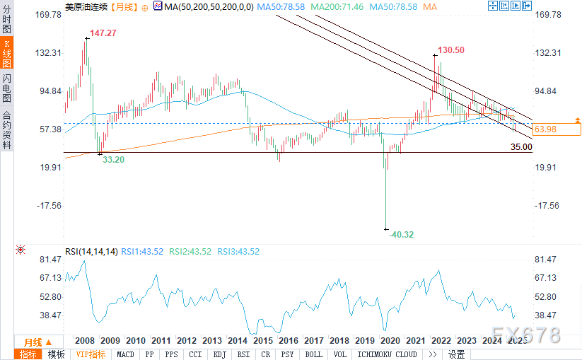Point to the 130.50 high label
451,50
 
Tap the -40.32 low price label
402,234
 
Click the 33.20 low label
114,161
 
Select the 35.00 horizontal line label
521,147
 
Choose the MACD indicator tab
125,354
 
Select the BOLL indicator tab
313,354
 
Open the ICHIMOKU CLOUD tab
386,354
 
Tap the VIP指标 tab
91,354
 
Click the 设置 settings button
456,354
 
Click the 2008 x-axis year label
85,339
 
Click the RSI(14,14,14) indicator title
91,251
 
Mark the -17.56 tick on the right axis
549,206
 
